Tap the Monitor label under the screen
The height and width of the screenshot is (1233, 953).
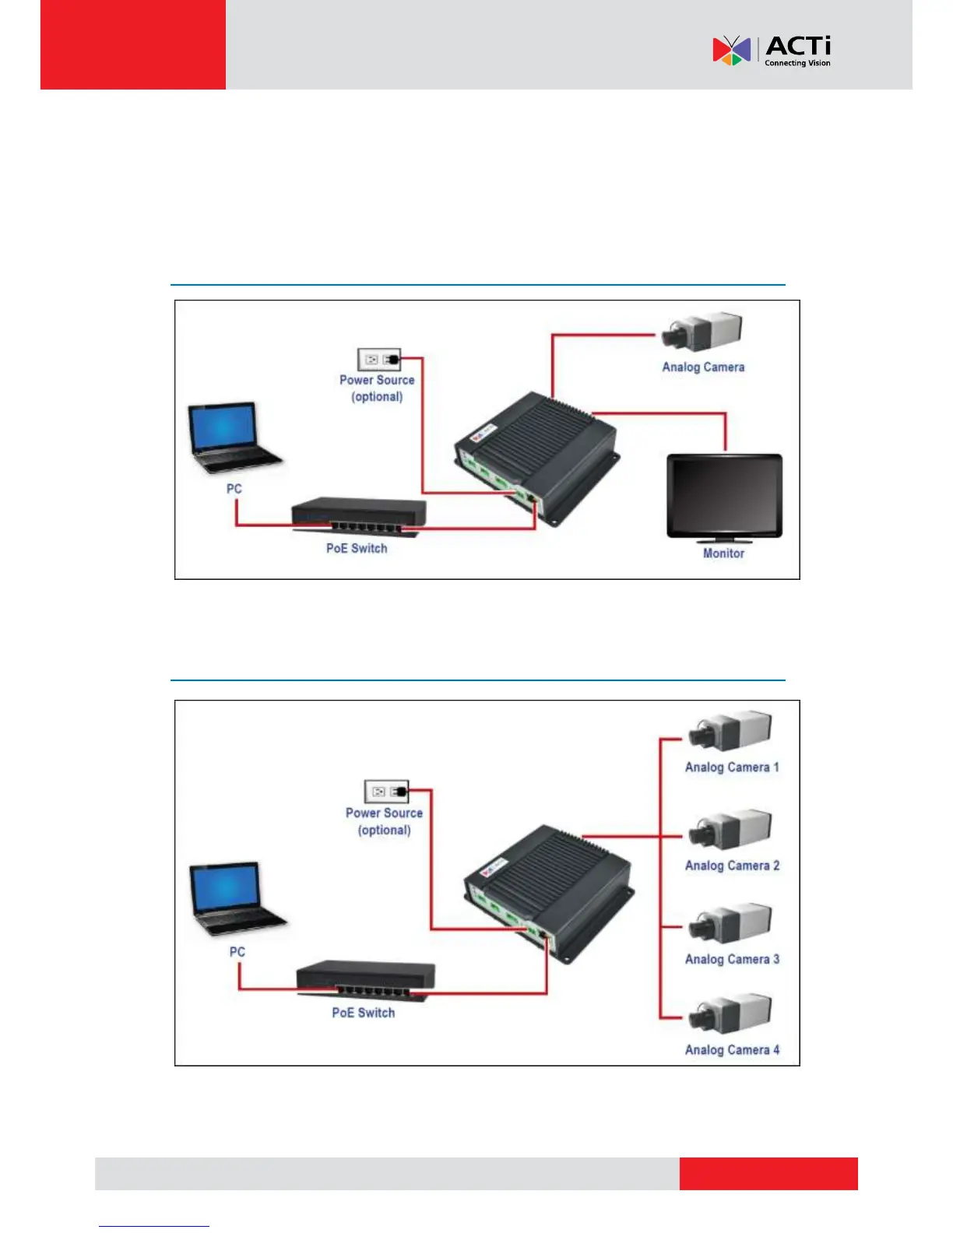coord(723,553)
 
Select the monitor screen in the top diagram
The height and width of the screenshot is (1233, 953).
coord(724,496)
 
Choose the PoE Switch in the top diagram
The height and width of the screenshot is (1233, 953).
coord(358,515)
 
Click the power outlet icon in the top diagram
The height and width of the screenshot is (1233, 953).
coord(379,359)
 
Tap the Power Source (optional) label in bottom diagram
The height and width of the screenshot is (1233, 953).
coord(384,821)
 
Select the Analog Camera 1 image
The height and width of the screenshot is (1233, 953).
coord(730,732)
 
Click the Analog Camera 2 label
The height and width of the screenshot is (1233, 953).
coord(732,866)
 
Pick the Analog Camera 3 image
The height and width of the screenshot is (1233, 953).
coord(730,925)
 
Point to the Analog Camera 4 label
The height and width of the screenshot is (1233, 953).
coord(732,1050)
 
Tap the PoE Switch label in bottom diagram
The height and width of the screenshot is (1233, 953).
coord(363,1013)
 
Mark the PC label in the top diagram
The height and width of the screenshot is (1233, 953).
coord(234,489)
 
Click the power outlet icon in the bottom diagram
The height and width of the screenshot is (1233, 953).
coord(386,792)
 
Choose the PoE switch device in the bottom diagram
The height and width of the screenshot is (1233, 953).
coord(365,979)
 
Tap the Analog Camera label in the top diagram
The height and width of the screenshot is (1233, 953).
coord(703,367)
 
